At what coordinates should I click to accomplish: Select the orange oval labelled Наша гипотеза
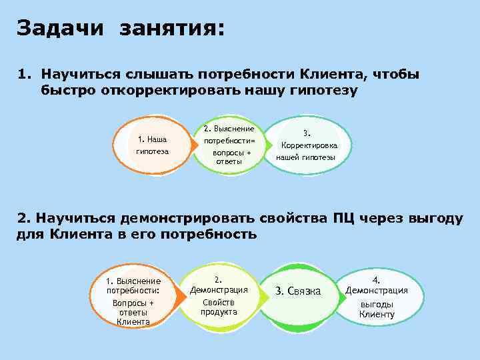pos(152,145)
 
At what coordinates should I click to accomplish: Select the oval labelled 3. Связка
pos(298,291)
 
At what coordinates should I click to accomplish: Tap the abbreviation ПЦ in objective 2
pos(344,218)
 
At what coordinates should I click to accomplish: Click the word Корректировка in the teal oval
pos(309,145)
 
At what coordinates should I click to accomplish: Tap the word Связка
pos(304,291)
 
